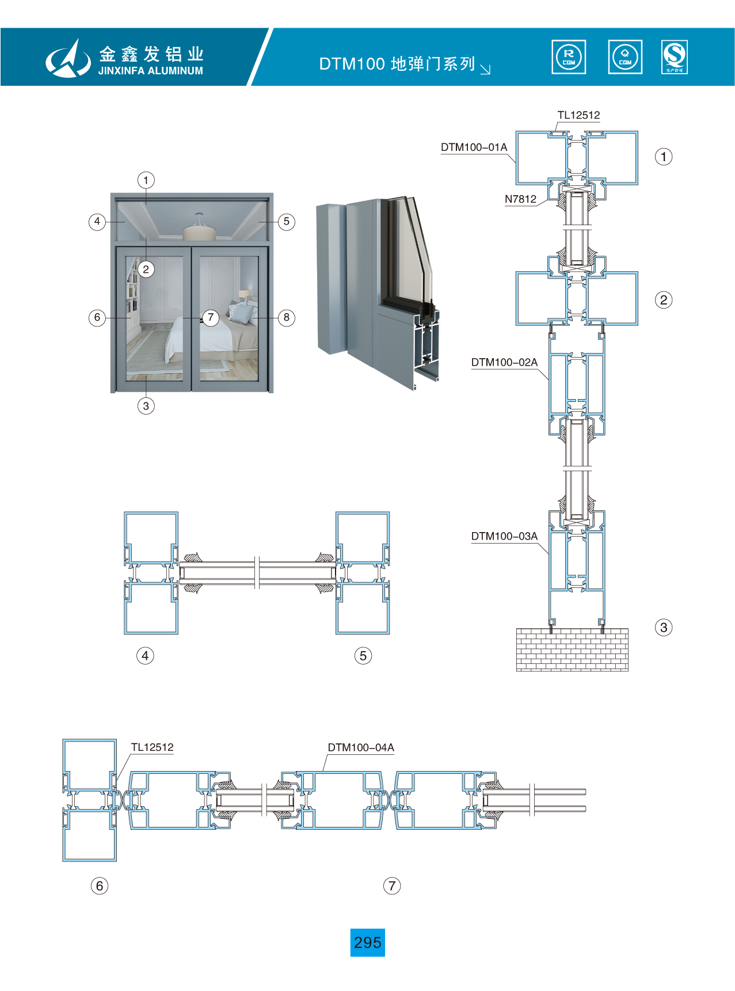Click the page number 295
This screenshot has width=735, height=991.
[367, 942]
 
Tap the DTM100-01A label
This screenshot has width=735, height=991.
[474, 147]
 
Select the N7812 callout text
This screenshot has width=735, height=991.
[520, 199]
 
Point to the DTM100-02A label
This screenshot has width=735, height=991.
[504, 362]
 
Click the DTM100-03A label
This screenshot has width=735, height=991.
[504, 536]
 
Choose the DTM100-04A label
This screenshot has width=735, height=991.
[361, 747]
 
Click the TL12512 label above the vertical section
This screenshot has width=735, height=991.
[578, 115]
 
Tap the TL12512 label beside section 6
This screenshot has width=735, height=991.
[152, 747]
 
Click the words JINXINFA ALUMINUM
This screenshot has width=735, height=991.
[151, 71]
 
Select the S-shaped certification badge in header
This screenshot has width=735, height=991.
[675, 57]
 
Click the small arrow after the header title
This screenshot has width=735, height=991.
[485, 69]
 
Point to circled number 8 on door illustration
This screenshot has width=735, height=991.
[287, 317]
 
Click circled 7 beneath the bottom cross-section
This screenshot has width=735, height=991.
[392, 886]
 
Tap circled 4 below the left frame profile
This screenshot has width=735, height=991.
[145, 655]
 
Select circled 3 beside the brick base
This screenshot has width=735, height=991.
[664, 627]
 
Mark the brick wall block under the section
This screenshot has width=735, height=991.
[572, 650]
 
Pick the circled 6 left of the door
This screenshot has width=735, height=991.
[97, 317]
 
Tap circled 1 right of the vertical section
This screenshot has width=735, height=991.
[664, 157]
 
